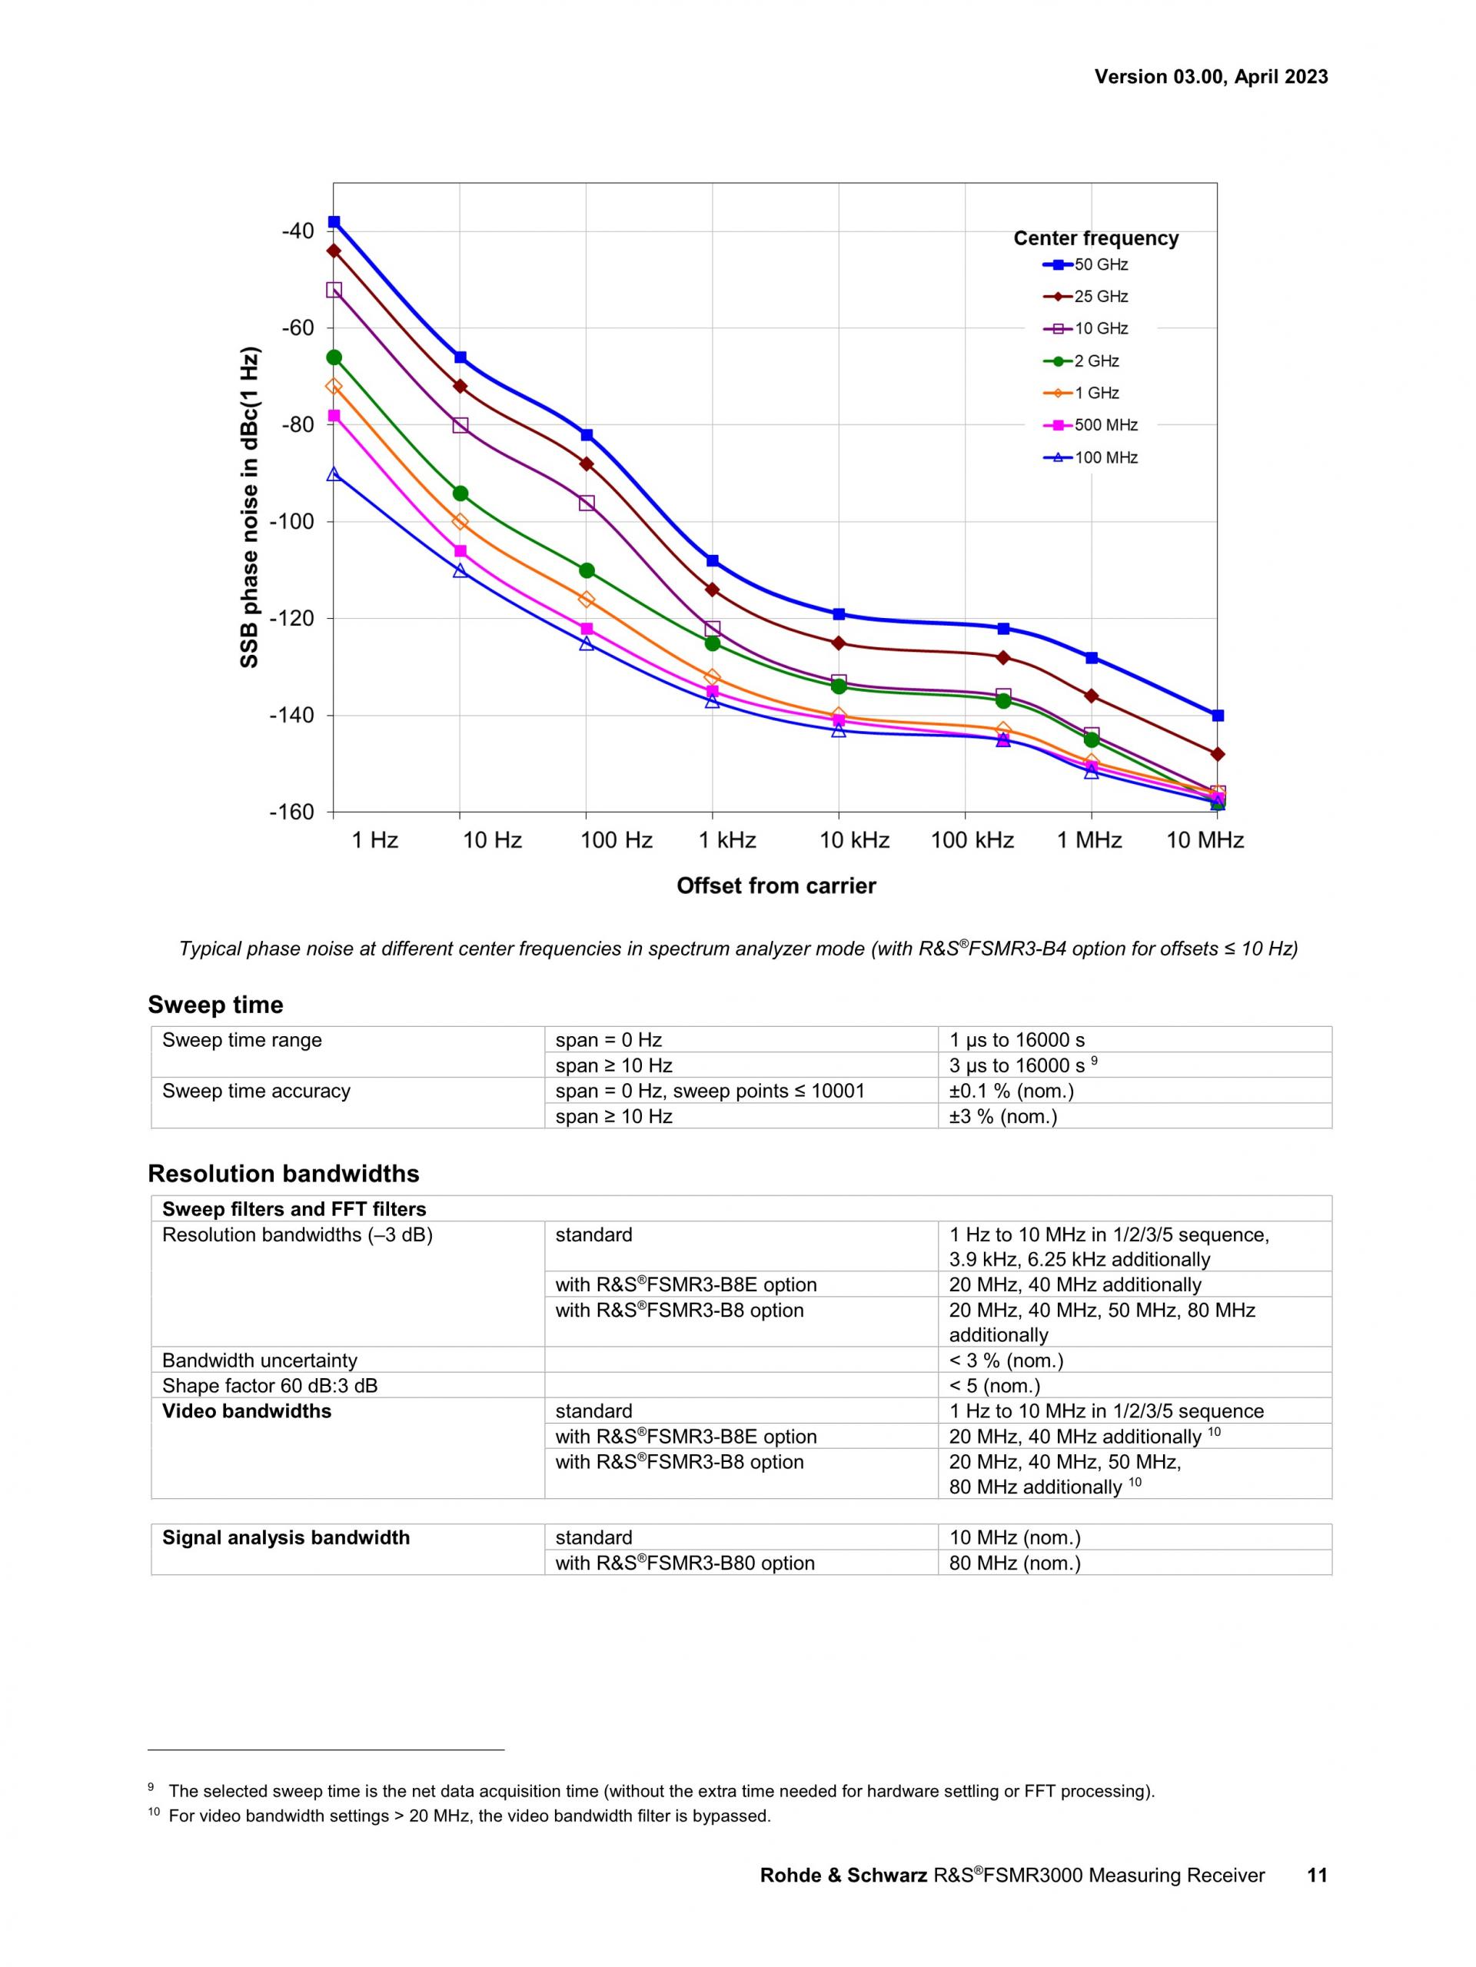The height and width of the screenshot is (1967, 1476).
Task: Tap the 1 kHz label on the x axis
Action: click(726, 840)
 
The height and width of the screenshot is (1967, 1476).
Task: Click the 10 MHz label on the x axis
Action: click(1204, 840)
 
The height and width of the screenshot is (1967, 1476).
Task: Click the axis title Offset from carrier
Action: click(776, 885)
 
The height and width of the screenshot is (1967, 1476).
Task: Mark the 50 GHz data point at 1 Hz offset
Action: click(334, 221)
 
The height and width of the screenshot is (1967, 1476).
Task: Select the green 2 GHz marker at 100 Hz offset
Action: click(586, 570)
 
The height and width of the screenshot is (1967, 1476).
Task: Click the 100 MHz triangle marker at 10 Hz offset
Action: click(460, 570)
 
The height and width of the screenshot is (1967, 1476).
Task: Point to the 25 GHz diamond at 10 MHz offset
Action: click(1217, 754)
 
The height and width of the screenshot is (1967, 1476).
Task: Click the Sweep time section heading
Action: click(215, 1005)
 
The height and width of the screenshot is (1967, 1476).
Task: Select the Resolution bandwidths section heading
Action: click(283, 1174)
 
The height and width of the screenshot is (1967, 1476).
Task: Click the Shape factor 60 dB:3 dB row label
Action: click(269, 1385)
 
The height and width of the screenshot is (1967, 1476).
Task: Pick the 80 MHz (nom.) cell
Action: click(1015, 1563)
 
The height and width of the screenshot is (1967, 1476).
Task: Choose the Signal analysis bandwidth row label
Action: click(285, 1537)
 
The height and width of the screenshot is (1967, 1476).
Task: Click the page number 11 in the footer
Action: click(1317, 1876)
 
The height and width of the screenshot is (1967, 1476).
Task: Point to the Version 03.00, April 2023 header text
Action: click(1211, 76)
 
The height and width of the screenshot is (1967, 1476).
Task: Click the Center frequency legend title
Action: click(1095, 238)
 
